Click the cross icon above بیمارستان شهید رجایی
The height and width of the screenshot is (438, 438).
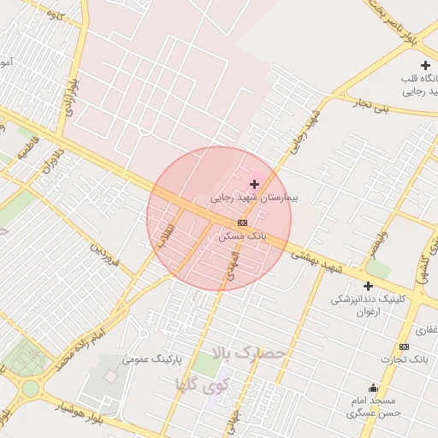254,184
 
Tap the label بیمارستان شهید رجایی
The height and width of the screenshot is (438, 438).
257,198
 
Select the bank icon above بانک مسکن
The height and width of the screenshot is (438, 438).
242,222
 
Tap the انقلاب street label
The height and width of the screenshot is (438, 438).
165,235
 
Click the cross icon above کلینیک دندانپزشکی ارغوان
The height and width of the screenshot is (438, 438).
368,286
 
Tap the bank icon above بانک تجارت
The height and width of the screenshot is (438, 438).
404,346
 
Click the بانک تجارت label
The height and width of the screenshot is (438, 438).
405,359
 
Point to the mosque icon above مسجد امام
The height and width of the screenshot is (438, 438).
373,388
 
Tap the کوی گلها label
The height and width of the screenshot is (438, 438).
203,382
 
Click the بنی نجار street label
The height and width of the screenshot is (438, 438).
372,107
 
